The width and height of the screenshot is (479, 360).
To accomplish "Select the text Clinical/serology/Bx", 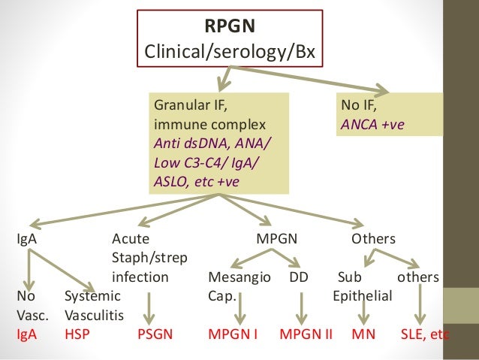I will click(x=230, y=53).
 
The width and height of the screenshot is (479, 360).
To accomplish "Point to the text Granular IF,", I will click(x=188, y=107).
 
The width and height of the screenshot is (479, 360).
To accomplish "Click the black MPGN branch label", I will click(x=277, y=239).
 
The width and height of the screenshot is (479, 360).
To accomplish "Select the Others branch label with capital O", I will click(x=373, y=239).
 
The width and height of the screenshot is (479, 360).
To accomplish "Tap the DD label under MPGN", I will click(x=299, y=277).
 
